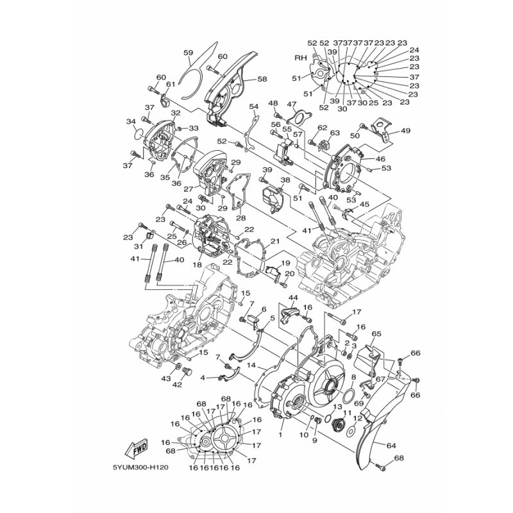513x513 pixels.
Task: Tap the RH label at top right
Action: [299, 57]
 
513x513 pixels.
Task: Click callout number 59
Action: [188, 53]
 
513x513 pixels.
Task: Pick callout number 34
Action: [130, 121]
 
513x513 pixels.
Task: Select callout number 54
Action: [253, 106]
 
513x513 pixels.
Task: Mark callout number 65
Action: [376, 334]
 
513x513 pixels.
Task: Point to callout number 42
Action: [177, 385]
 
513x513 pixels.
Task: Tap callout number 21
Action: [274, 241]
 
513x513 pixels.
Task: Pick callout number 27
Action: [189, 189]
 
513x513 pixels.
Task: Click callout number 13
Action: [337, 407]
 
